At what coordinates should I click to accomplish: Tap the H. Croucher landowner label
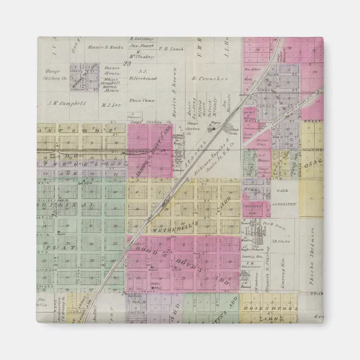click(x=210, y=79)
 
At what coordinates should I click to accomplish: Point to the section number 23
click(x=127, y=64)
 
